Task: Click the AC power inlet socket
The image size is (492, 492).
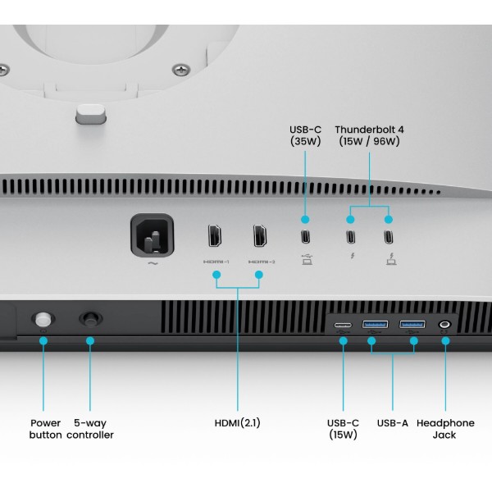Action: pyautogui.click(x=153, y=235)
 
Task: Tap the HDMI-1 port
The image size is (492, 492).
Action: pyautogui.click(x=215, y=235)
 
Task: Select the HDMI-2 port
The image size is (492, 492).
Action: pyautogui.click(x=260, y=235)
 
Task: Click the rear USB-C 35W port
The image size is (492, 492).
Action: pyautogui.click(x=305, y=237)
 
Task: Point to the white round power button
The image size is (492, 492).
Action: pyautogui.click(x=43, y=320)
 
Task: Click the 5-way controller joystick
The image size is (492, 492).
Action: pyautogui.click(x=91, y=320)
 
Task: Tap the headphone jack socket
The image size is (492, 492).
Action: pyautogui.click(x=444, y=324)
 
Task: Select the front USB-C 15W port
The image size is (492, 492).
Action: pyautogui.click(x=343, y=325)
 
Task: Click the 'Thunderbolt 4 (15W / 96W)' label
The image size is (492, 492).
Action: pyautogui.click(x=369, y=135)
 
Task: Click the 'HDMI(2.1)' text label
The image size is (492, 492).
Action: pyautogui.click(x=238, y=423)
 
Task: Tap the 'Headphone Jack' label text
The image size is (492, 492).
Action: pyautogui.click(x=445, y=429)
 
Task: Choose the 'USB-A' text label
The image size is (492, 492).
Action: pyautogui.click(x=393, y=423)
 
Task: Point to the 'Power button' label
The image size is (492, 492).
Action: pyautogui.click(x=45, y=429)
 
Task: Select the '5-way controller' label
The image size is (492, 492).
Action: pyautogui.click(x=90, y=429)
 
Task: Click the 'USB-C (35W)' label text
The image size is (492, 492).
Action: pyautogui.click(x=305, y=135)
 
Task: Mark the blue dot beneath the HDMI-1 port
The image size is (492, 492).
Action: pyautogui.click(x=216, y=275)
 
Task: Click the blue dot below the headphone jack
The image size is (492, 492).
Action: pyautogui.click(x=445, y=341)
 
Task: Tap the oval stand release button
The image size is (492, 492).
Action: pyautogui.click(x=91, y=114)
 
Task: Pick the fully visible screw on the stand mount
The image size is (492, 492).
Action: pyautogui.click(x=181, y=70)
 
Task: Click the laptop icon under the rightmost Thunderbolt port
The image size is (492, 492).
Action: pyautogui.click(x=391, y=259)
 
